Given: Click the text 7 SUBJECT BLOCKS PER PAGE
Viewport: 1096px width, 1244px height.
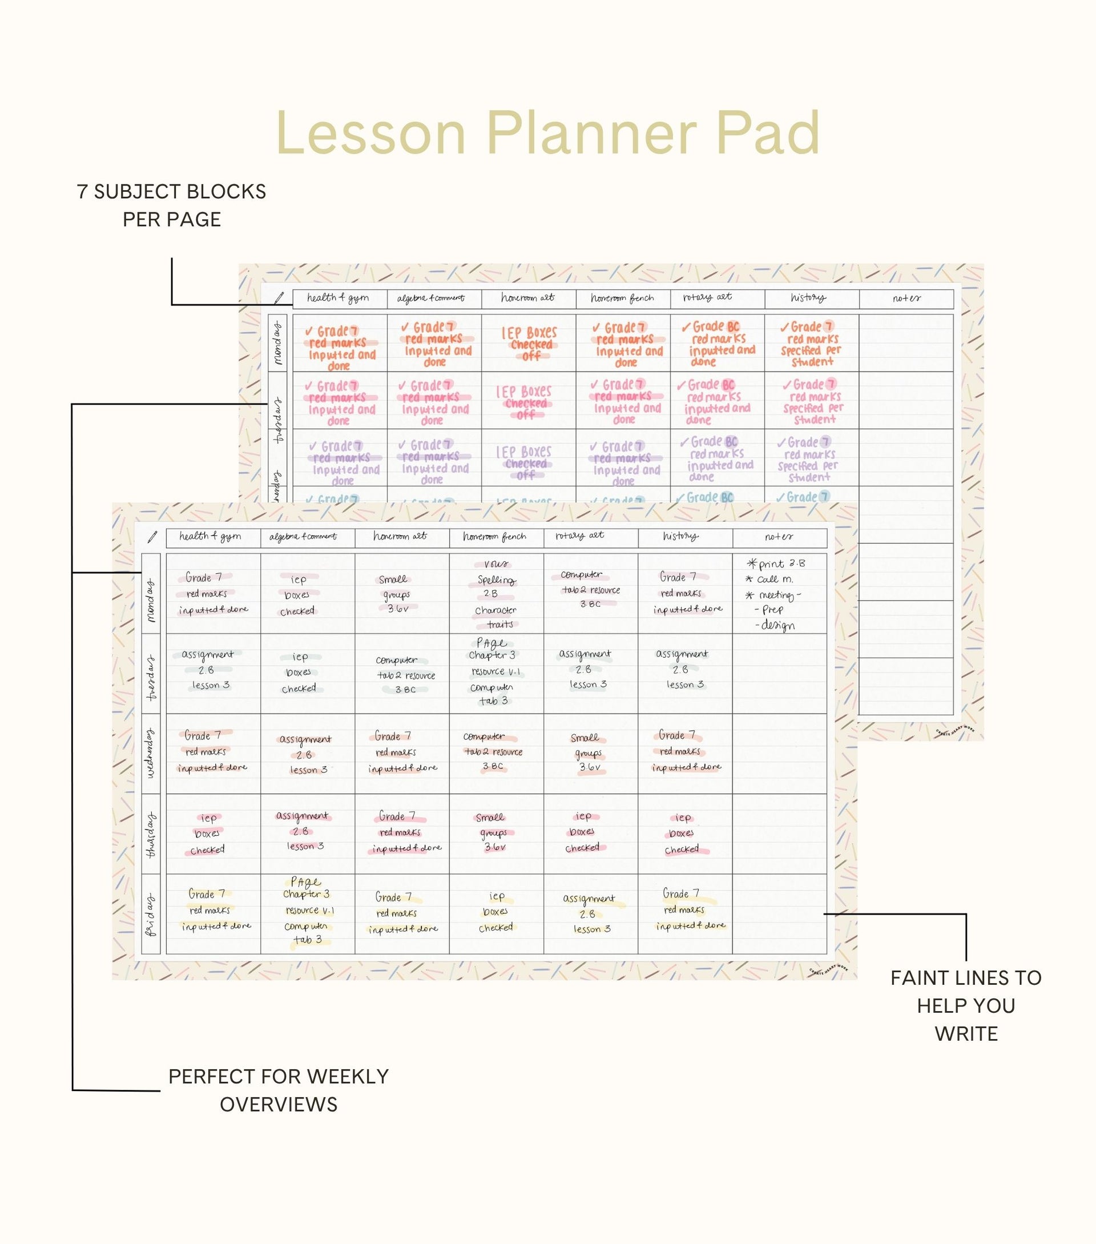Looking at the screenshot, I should click(x=172, y=205).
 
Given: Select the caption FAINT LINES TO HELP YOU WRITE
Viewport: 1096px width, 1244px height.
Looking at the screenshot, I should click(x=966, y=1005).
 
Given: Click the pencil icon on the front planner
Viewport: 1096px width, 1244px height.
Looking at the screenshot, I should click(x=152, y=537).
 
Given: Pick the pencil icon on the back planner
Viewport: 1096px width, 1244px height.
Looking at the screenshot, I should click(x=279, y=298).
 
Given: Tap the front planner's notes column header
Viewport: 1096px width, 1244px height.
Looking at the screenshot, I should click(x=779, y=537).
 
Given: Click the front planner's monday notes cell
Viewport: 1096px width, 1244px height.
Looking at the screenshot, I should click(x=779, y=593).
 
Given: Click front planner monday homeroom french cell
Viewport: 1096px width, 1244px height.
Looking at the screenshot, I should click(x=496, y=593).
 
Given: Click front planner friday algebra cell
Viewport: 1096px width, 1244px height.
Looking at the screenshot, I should click(x=307, y=913).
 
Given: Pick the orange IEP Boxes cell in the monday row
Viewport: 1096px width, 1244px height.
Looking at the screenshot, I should click(x=528, y=343).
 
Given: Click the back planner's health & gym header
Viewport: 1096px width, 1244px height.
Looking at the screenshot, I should click(x=339, y=298).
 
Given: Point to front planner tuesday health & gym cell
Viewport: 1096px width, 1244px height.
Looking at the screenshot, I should click(x=212, y=673).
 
